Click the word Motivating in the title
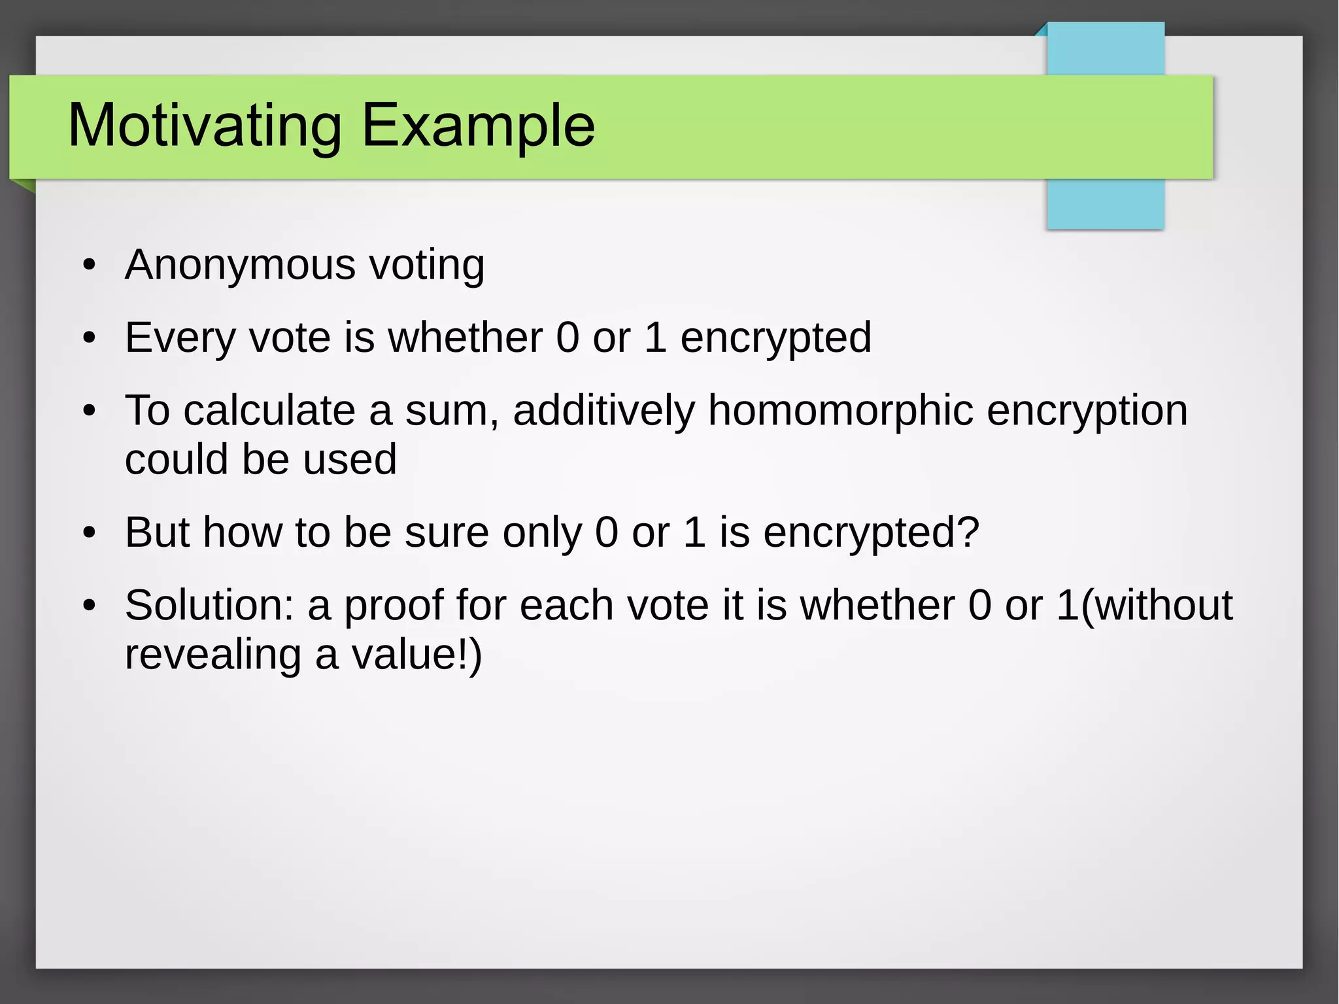click(205, 126)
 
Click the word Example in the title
click(478, 126)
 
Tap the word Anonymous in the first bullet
click(241, 265)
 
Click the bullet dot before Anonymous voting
click(90, 266)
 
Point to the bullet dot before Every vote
click(90, 339)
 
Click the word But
click(157, 532)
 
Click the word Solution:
click(210, 605)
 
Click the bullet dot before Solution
click(90, 606)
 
